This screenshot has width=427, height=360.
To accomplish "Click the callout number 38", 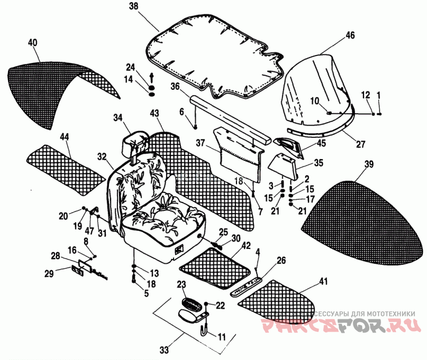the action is click(x=133, y=6).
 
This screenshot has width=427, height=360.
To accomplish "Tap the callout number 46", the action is click(x=350, y=35).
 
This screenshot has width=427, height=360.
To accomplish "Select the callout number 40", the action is click(x=33, y=42).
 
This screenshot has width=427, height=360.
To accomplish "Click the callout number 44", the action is click(x=65, y=138).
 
